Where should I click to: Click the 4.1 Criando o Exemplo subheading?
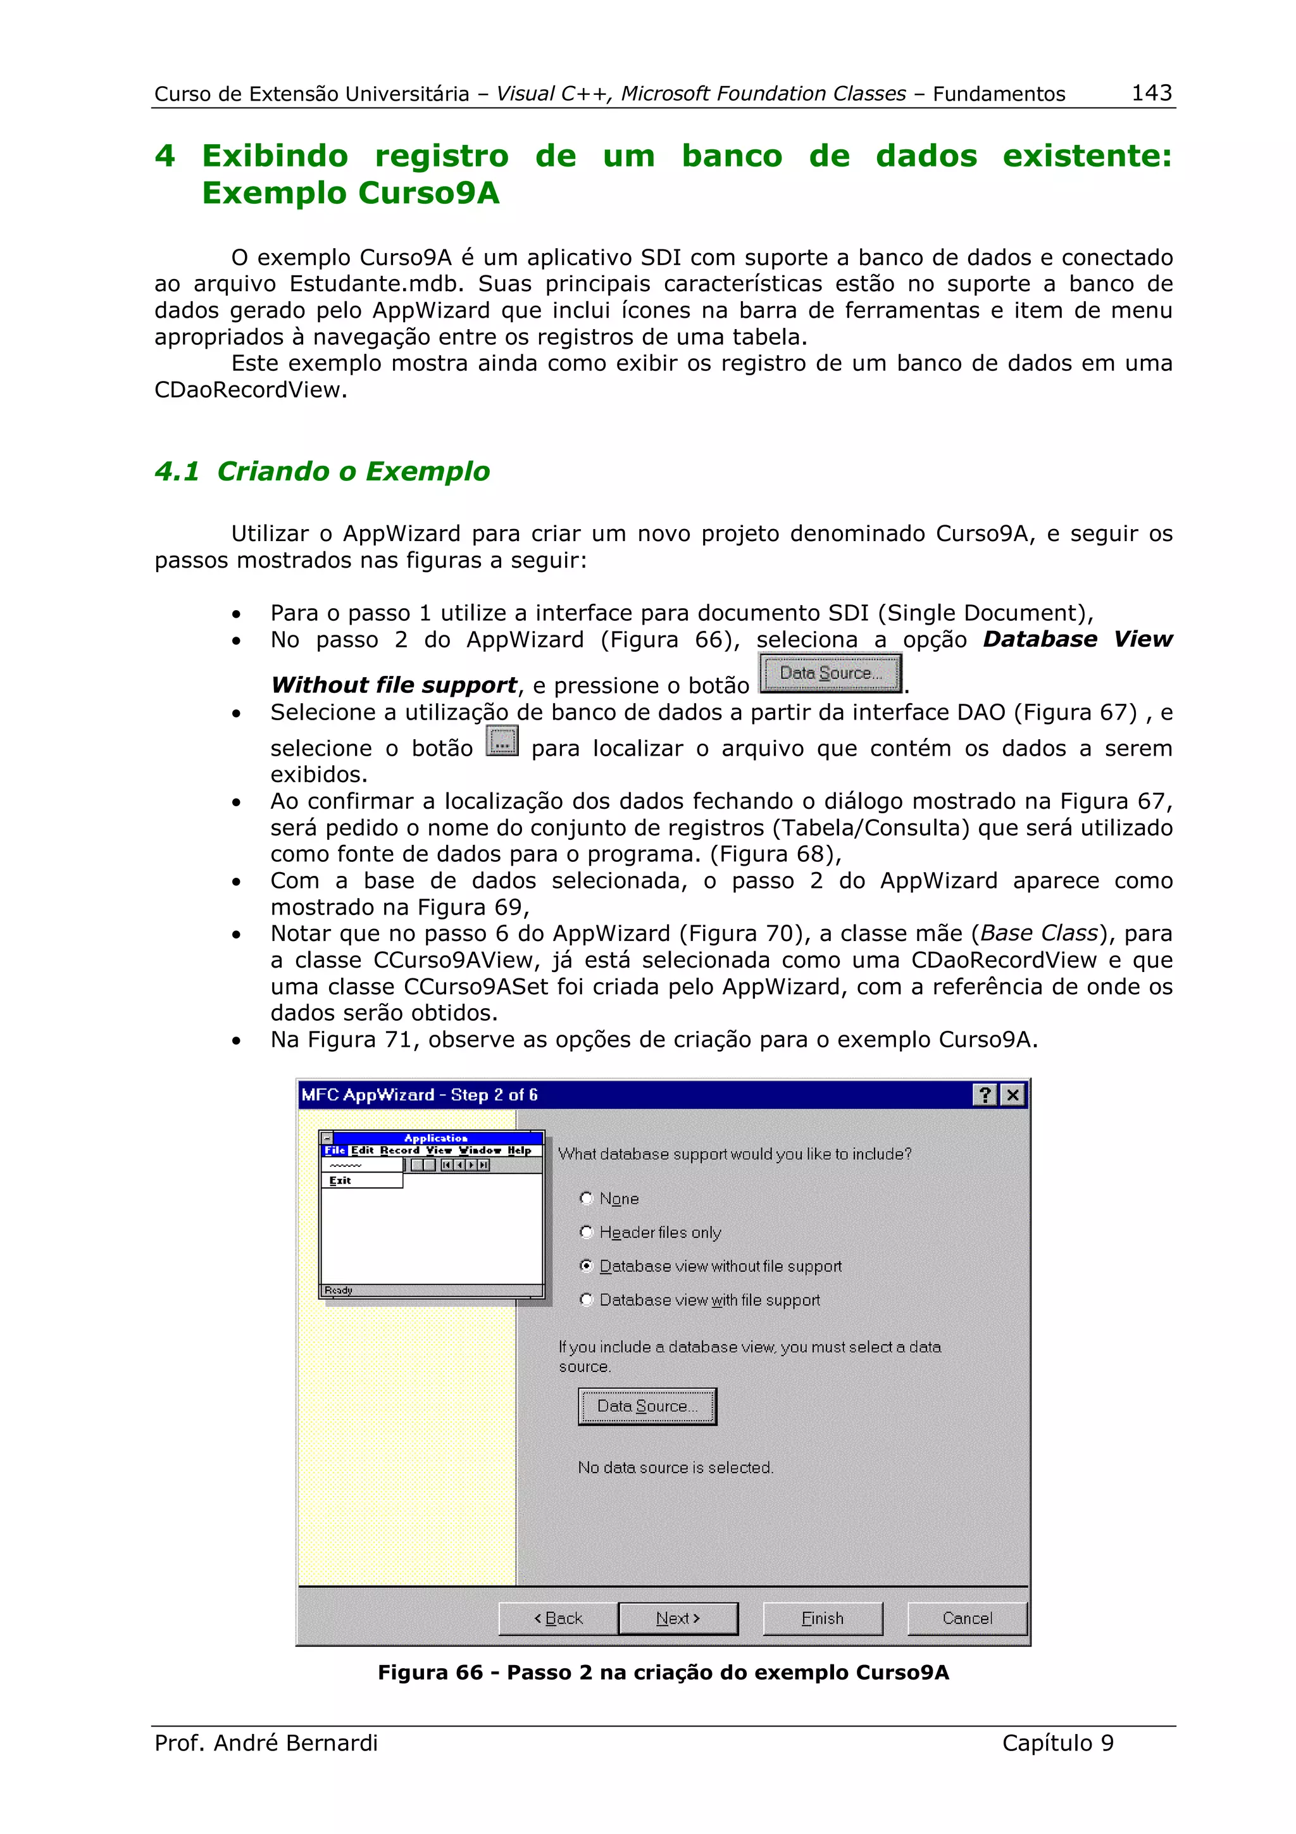(x=322, y=471)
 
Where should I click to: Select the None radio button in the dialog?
(x=586, y=1198)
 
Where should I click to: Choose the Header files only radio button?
(x=586, y=1232)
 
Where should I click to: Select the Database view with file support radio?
(x=586, y=1300)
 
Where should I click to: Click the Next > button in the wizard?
(x=677, y=1618)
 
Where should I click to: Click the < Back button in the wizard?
(x=558, y=1618)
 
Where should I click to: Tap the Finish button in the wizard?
(x=823, y=1618)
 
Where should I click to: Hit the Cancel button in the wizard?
(x=967, y=1618)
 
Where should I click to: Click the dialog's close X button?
(x=1012, y=1094)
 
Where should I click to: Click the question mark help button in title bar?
(x=985, y=1094)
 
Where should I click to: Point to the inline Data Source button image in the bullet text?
(x=830, y=673)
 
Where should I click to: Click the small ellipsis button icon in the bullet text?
(x=501, y=741)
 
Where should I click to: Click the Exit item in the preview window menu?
(x=340, y=1181)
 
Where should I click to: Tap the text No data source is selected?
(x=676, y=1468)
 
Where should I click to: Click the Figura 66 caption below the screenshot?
(x=663, y=1673)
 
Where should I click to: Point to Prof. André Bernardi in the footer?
(x=266, y=1743)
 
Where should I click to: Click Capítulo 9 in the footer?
(x=1057, y=1743)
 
